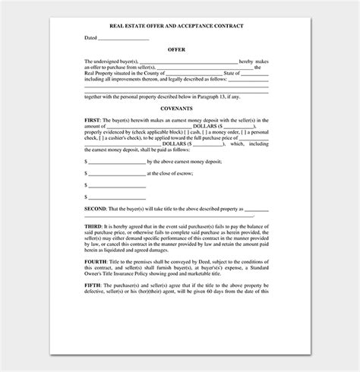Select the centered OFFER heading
[176, 49]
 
